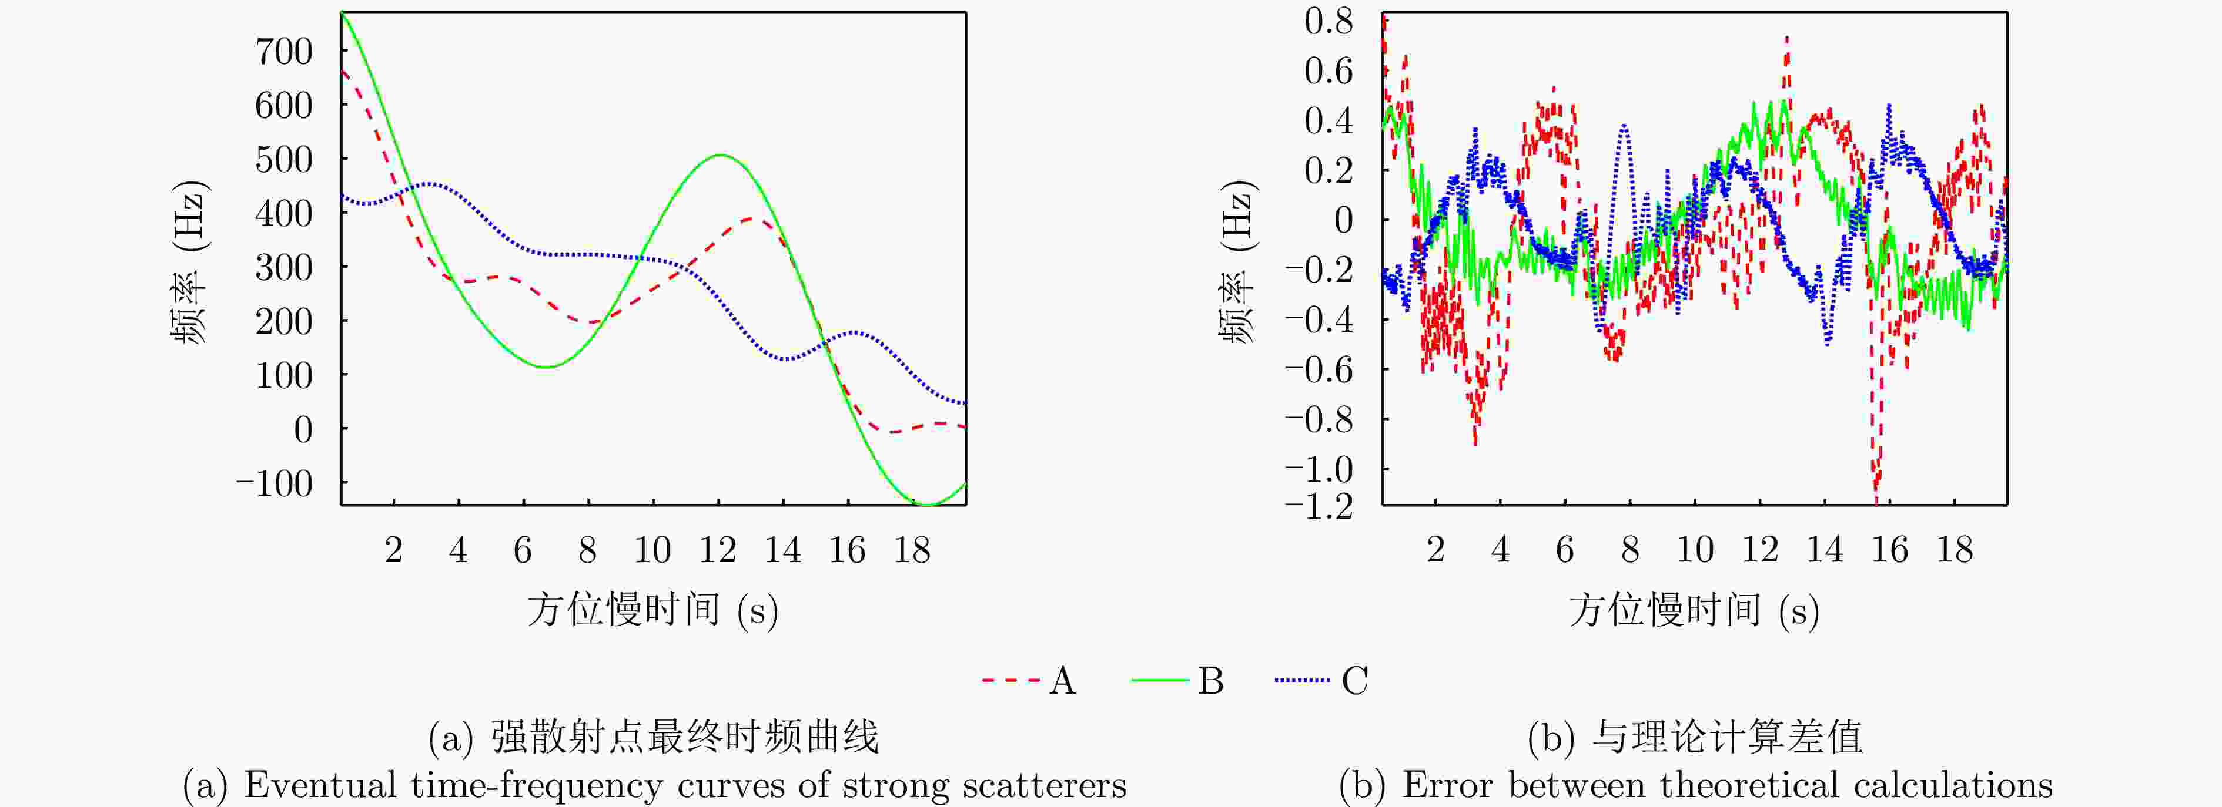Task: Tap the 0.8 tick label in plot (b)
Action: click(x=1328, y=21)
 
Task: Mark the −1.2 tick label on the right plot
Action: click(x=1319, y=506)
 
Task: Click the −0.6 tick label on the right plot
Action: click(x=1319, y=370)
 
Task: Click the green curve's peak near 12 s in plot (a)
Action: click(x=720, y=155)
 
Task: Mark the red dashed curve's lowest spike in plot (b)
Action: click(x=1876, y=498)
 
